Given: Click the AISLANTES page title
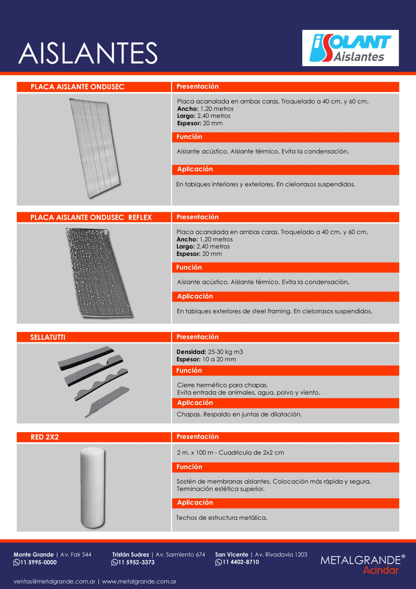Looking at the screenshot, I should coord(87,53).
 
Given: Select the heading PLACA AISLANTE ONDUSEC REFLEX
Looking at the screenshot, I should coord(91,218).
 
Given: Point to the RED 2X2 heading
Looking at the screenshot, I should coord(45,437).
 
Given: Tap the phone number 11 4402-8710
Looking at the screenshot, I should coord(241,562).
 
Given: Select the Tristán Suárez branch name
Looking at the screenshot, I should coord(131,555).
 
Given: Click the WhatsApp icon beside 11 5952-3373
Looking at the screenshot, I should coord(114,563).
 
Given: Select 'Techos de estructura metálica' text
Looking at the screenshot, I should coord(222,518).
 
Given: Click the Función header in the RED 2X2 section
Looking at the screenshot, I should coord(189,467).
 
